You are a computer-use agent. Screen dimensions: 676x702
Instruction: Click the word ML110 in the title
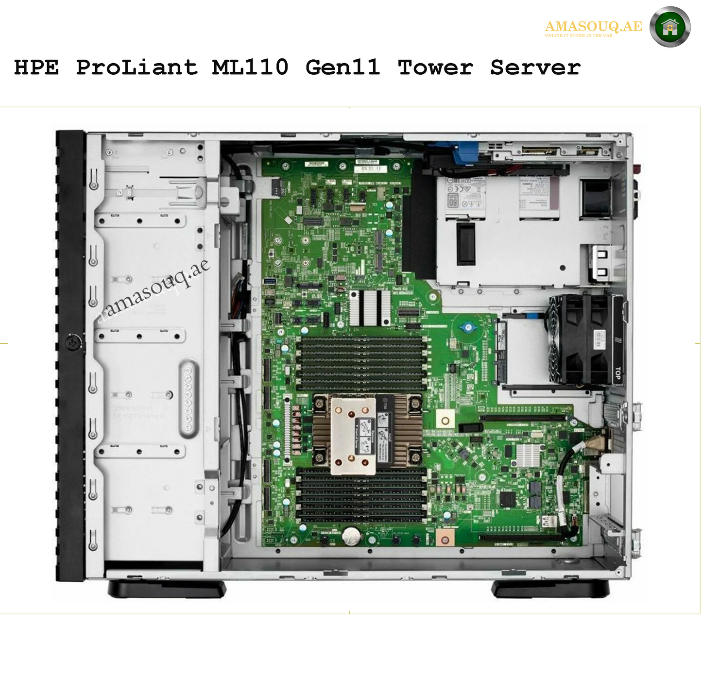(250, 67)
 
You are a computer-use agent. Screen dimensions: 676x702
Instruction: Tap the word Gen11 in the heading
(342, 67)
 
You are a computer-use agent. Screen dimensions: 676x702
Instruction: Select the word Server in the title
(535, 67)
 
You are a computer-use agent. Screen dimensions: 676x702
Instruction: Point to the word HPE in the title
(36, 67)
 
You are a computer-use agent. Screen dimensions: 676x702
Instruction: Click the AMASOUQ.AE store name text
(593, 26)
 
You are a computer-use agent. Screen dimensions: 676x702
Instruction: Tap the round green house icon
(670, 27)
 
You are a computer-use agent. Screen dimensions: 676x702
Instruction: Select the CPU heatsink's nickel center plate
(353, 436)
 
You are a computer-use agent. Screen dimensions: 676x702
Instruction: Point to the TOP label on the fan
(617, 373)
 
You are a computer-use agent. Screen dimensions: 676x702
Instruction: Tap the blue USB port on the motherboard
(270, 281)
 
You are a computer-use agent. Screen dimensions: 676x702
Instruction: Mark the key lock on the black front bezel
(73, 343)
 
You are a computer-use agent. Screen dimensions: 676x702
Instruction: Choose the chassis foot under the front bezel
(167, 589)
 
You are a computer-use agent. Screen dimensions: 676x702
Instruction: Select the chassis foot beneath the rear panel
(550, 589)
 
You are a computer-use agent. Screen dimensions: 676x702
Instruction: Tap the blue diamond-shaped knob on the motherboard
(468, 327)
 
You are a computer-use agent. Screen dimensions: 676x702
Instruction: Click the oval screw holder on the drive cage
(188, 399)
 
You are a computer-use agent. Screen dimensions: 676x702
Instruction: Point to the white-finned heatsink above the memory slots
(370, 308)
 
